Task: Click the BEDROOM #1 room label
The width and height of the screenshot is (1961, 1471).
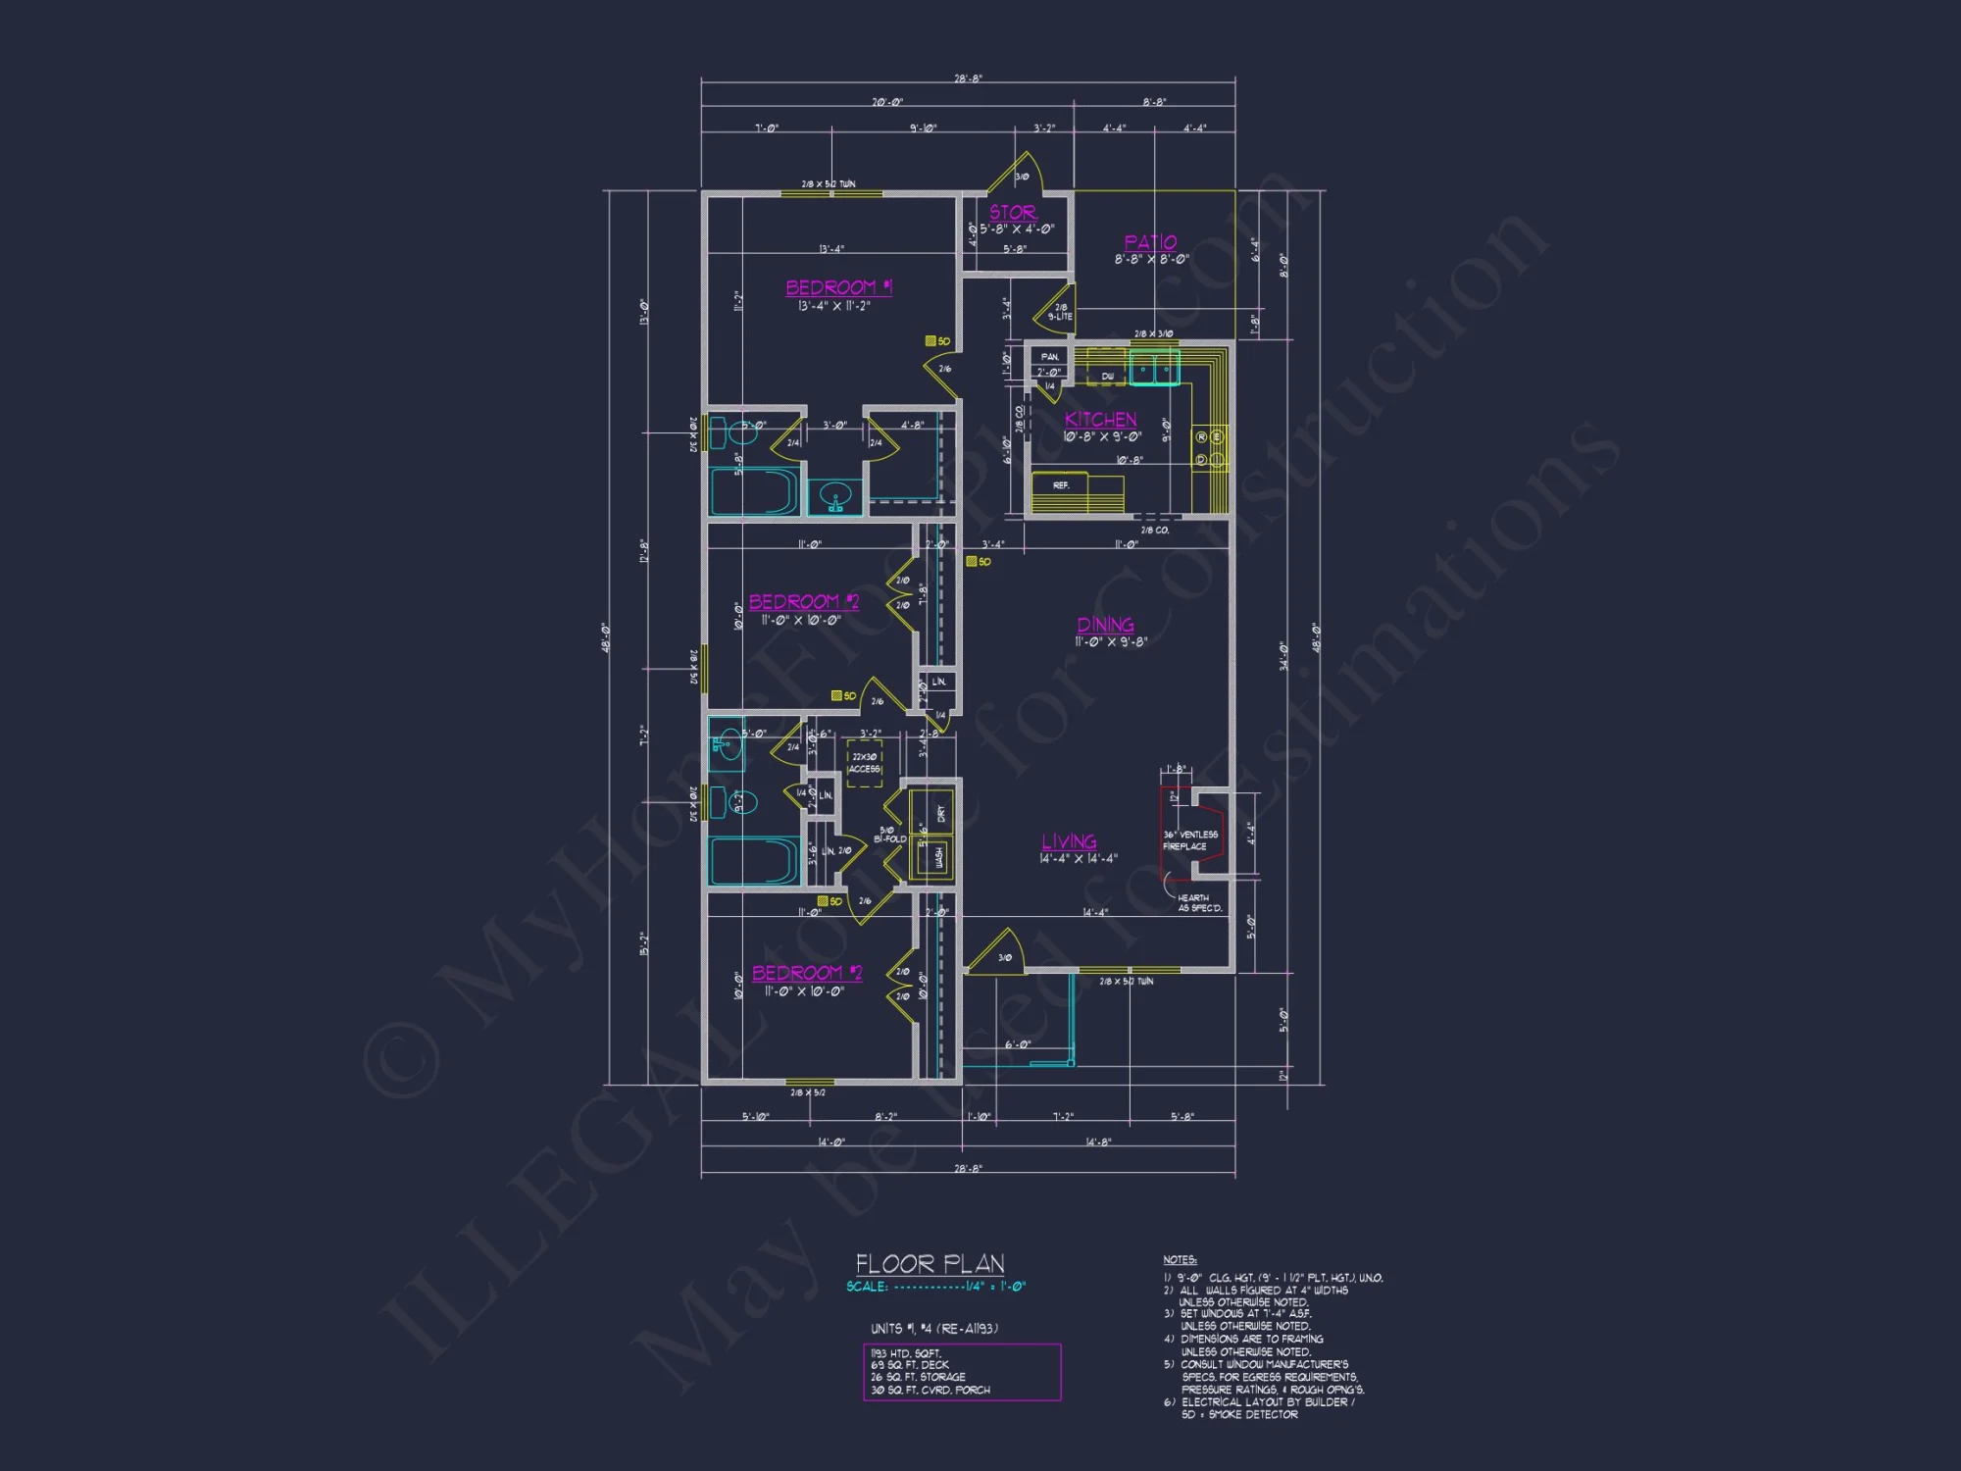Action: click(x=838, y=287)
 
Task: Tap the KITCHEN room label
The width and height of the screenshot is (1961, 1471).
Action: click(x=1101, y=420)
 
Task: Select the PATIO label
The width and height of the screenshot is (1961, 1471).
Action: click(x=1150, y=242)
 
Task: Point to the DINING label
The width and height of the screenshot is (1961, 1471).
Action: click(x=1105, y=625)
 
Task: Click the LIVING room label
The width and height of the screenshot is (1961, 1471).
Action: click(x=1069, y=841)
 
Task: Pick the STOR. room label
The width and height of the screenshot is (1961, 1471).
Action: click(x=1013, y=212)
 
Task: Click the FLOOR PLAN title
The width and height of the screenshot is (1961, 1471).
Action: click(x=930, y=1263)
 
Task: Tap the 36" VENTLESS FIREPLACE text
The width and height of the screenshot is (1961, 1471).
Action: click(x=1189, y=840)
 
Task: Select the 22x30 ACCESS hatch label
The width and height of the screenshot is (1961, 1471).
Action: click(x=864, y=763)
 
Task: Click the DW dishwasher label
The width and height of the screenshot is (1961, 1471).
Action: click(x=1107, y=377)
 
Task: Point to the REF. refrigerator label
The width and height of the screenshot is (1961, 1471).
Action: click(x=1061, y=485)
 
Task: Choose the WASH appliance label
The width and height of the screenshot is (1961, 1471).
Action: click(x=938, y=857)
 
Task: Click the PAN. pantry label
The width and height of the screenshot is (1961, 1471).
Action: click(x=1050, y=357)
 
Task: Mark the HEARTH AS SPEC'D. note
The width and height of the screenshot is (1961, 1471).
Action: click(x=1199, y=903)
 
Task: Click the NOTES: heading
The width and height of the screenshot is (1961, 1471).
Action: click(x=1180, y=1259)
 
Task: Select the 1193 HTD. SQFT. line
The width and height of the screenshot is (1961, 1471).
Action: click(x=906, y=1353)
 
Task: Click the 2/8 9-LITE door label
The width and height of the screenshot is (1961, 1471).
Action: click(x=1060, y=312)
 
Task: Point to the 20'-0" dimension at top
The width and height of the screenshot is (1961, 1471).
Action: click(x=887, y=102)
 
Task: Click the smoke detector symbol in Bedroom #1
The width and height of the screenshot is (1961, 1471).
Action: click(x=930, y=341)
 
